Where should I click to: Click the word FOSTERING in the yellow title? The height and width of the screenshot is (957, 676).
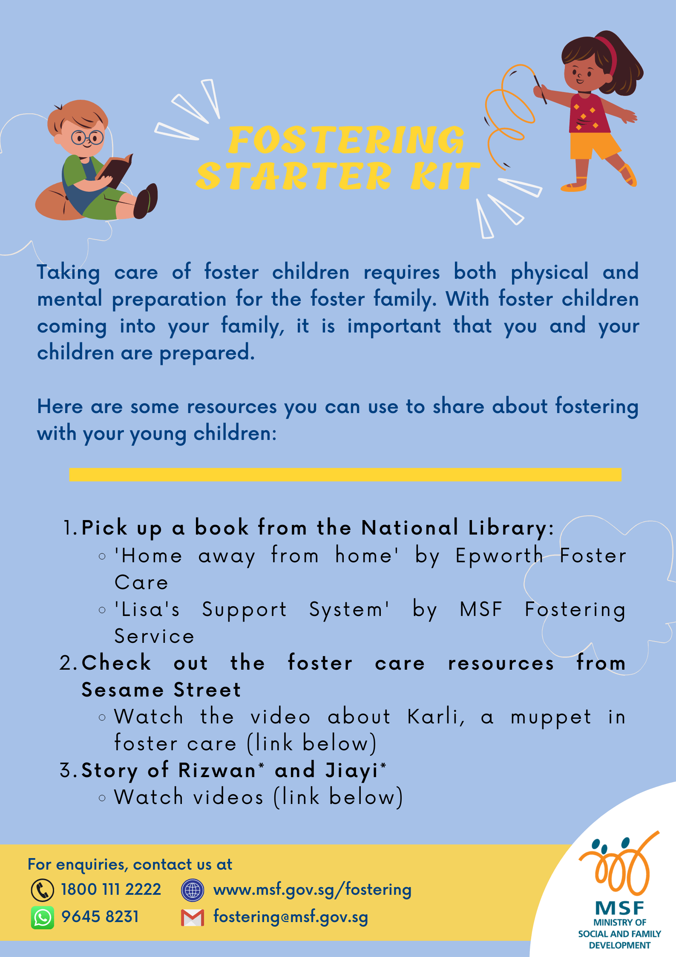click(346, 139)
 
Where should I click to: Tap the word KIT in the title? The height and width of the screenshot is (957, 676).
click(445, 176)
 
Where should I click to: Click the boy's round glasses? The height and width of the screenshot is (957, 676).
click(87, 138)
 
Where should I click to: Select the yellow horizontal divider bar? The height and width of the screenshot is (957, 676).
click(345, 474)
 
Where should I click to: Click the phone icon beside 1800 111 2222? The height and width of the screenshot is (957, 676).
click(43, 890)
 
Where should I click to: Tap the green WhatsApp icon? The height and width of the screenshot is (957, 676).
click(43, 917)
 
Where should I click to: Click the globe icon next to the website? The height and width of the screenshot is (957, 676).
click(193, 890)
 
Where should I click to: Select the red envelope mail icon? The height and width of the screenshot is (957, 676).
click(193, 918)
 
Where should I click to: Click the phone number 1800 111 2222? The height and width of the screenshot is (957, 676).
click(111, 890)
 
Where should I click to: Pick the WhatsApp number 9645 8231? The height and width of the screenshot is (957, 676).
click(100, 917)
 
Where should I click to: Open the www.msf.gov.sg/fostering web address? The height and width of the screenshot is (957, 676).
click(312, 890)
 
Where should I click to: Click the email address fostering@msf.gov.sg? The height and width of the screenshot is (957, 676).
click(291, 917)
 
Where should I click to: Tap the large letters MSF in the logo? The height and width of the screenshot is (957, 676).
click(619, 908)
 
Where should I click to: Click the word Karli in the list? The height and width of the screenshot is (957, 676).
click(436, 717)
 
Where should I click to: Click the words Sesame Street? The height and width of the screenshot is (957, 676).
click(161, 690)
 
